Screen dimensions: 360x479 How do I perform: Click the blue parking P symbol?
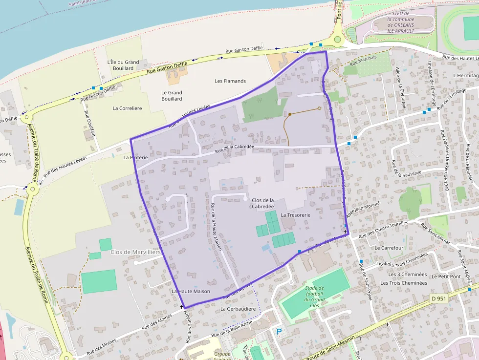280,332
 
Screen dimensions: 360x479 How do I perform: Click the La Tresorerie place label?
296,215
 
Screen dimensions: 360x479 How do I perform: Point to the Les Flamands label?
230,81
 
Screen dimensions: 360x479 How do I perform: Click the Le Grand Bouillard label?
172,95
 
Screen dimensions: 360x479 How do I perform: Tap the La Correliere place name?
127,108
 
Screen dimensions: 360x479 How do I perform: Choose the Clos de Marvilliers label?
136,252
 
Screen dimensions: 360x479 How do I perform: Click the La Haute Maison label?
191,291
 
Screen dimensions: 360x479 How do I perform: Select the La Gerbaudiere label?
238,309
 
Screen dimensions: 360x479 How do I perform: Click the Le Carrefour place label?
389,248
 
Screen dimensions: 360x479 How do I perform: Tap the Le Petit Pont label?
446,276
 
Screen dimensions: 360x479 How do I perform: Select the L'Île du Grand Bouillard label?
123,65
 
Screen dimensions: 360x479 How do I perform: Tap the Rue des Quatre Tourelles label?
383,230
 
